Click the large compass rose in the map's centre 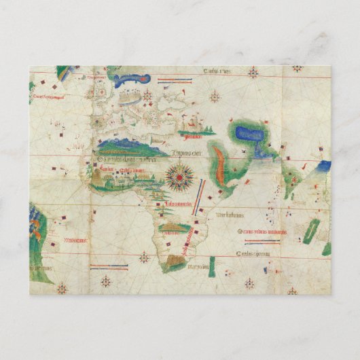pyautogui.click(x=179, y=177)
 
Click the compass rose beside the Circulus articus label pyautogui.click(x=253, y=71)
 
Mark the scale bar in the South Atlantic pyautogui.click(x=109, y=267)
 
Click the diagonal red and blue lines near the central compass pyautogui.click(x=198, y=199)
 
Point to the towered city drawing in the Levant pyautogui.click(x=194, y=126)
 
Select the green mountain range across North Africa pyautogui.click(x=126, y=144)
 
